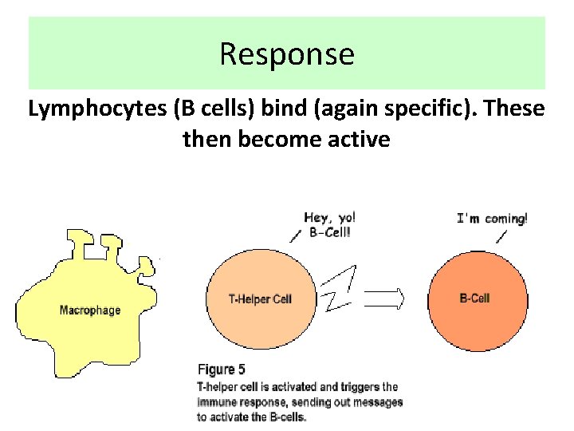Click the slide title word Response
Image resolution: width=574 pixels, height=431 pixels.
pos(286,54)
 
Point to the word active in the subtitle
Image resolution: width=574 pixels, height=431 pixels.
pos(362,140)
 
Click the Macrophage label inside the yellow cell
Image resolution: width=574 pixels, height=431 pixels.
pos(90,310)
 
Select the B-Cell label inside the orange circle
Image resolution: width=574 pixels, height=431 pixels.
pos(475,299)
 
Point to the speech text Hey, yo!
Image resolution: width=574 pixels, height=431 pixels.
pos(330,217)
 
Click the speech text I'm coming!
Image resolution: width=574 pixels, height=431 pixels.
pos(491,218)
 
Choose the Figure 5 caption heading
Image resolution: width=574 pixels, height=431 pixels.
pos(227,370)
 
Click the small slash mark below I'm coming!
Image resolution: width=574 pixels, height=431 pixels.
pos(501,237)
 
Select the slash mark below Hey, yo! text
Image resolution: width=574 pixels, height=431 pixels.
pos(294,234)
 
